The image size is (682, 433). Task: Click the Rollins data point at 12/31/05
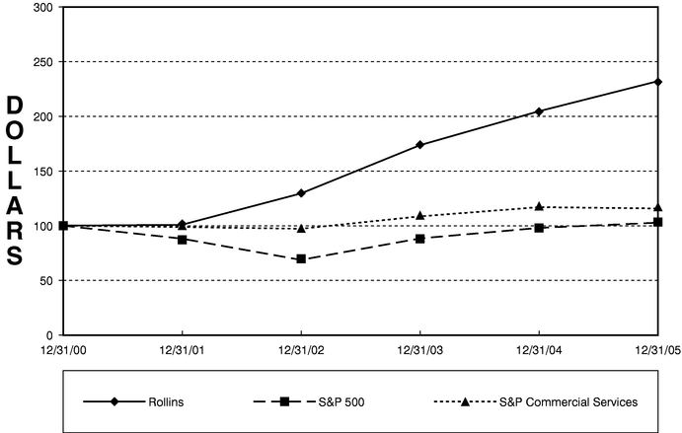click(x=658, y=82)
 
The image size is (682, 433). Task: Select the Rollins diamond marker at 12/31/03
click(x=420, y=145)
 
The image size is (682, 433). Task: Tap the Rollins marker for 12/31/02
click(x=301, y=193)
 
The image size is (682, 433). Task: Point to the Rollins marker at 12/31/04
click(x=539, y=111)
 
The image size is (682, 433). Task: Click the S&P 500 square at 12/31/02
click(x=301, y=259)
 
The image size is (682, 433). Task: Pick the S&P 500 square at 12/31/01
click(x=183, y=240)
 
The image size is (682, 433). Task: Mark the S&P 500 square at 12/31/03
click(x=420, y=239)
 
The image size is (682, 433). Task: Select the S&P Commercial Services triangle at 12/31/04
click(x=539, y=206)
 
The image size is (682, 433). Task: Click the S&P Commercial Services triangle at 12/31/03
click(x=420, y=215)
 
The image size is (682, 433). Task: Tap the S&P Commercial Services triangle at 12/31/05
click(x=658, y=208)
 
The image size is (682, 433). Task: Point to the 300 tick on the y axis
click(x=42, y=8)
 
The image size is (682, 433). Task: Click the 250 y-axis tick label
click(x=42, y=62)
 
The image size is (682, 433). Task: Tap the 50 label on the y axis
click(x=45, y=281)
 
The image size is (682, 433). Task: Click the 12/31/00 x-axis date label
click(x=63, y=348)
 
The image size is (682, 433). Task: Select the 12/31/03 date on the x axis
click(x=420, y=348)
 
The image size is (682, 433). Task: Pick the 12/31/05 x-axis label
click(x=657, y=348)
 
